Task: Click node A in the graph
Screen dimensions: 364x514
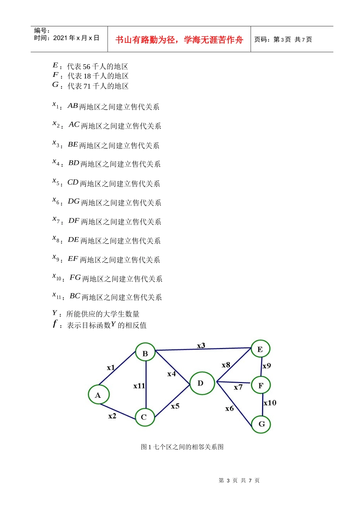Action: coord(98,395)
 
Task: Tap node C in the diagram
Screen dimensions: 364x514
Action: coord(144,417)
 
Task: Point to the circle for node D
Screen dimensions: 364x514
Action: coord(202,383)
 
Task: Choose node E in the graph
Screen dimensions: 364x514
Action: coord(261,349)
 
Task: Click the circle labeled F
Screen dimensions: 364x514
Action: coord(261,385)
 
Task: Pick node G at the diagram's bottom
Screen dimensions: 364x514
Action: coord(261,424)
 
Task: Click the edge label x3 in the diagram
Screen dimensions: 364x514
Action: coord(201,346)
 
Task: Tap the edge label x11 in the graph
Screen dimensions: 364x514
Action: coord(139,386)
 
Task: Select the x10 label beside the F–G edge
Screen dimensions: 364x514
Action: coord(270,403)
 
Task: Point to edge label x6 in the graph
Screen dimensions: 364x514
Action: coord(230,408)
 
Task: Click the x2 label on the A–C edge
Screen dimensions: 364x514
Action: coord(112,416)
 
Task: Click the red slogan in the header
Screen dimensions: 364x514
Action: coord(179,40)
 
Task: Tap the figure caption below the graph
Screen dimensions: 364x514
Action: coord(182,447)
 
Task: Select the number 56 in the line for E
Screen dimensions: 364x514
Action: coord(87,67)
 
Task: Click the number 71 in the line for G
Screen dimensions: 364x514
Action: coord(87,86)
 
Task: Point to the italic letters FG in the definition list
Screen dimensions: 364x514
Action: coord(75,277)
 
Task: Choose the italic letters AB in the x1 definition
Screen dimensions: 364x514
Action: coord(73,106)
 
